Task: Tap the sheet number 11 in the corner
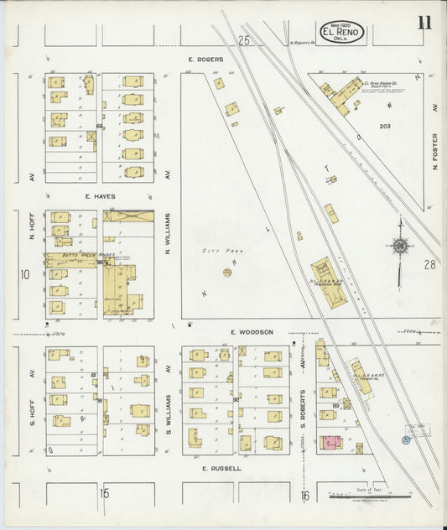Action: click(x=424, y=23)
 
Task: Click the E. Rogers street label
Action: click(x=203, y=60)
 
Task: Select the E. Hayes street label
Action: click(x=100, y=196)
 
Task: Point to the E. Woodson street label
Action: click(x=252, y=332)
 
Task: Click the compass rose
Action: click(x=400, y=246)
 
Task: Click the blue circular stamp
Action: click(x=406, y=439)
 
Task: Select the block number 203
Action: click(x=385, y=127)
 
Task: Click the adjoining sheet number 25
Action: click(x=243, y=40)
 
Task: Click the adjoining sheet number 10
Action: click(x=25, y=274)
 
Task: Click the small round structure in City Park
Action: click(x=226, y=272)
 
